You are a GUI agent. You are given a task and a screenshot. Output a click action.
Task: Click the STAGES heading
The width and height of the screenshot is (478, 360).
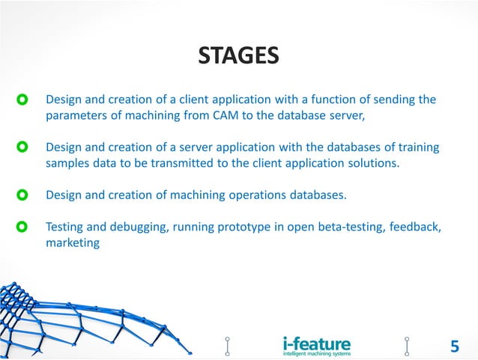tap(238, 55)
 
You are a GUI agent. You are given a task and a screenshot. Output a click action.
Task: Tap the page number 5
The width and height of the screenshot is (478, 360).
tap(454, 346)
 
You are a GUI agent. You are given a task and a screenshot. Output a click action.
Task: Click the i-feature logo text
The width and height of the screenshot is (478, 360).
tap(316, 343)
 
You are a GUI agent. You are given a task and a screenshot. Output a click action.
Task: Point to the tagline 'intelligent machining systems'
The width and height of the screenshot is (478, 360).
tap(316, 353)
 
